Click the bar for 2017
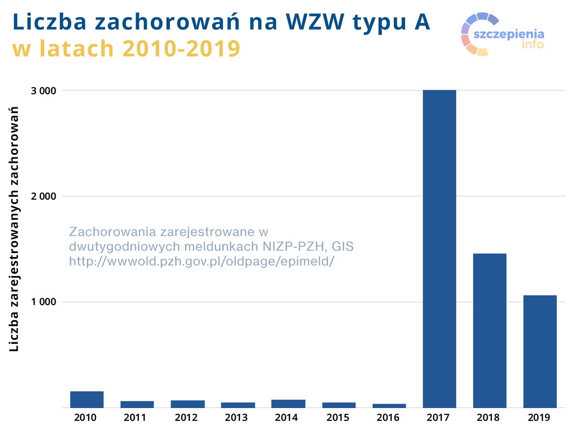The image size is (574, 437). [x=439, y=249]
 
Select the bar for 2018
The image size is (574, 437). [x=490, y=330]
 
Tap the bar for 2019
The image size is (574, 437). [x=540, y=351]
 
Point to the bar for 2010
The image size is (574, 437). [x=87, y=399]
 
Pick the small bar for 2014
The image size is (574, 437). [x=288, y=404]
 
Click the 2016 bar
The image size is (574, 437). [x=389, y=406]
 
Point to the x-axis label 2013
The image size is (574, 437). [x=236, y=418]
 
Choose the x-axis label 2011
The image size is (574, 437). [x=135, y=418]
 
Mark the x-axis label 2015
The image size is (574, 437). [x=338, y=418]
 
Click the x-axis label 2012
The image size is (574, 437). [x=186, y=418]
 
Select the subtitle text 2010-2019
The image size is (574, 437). [x=181, y=49]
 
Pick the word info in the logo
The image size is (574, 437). [x=533, y=44]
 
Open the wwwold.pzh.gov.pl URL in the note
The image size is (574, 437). [x=201, y=260]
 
